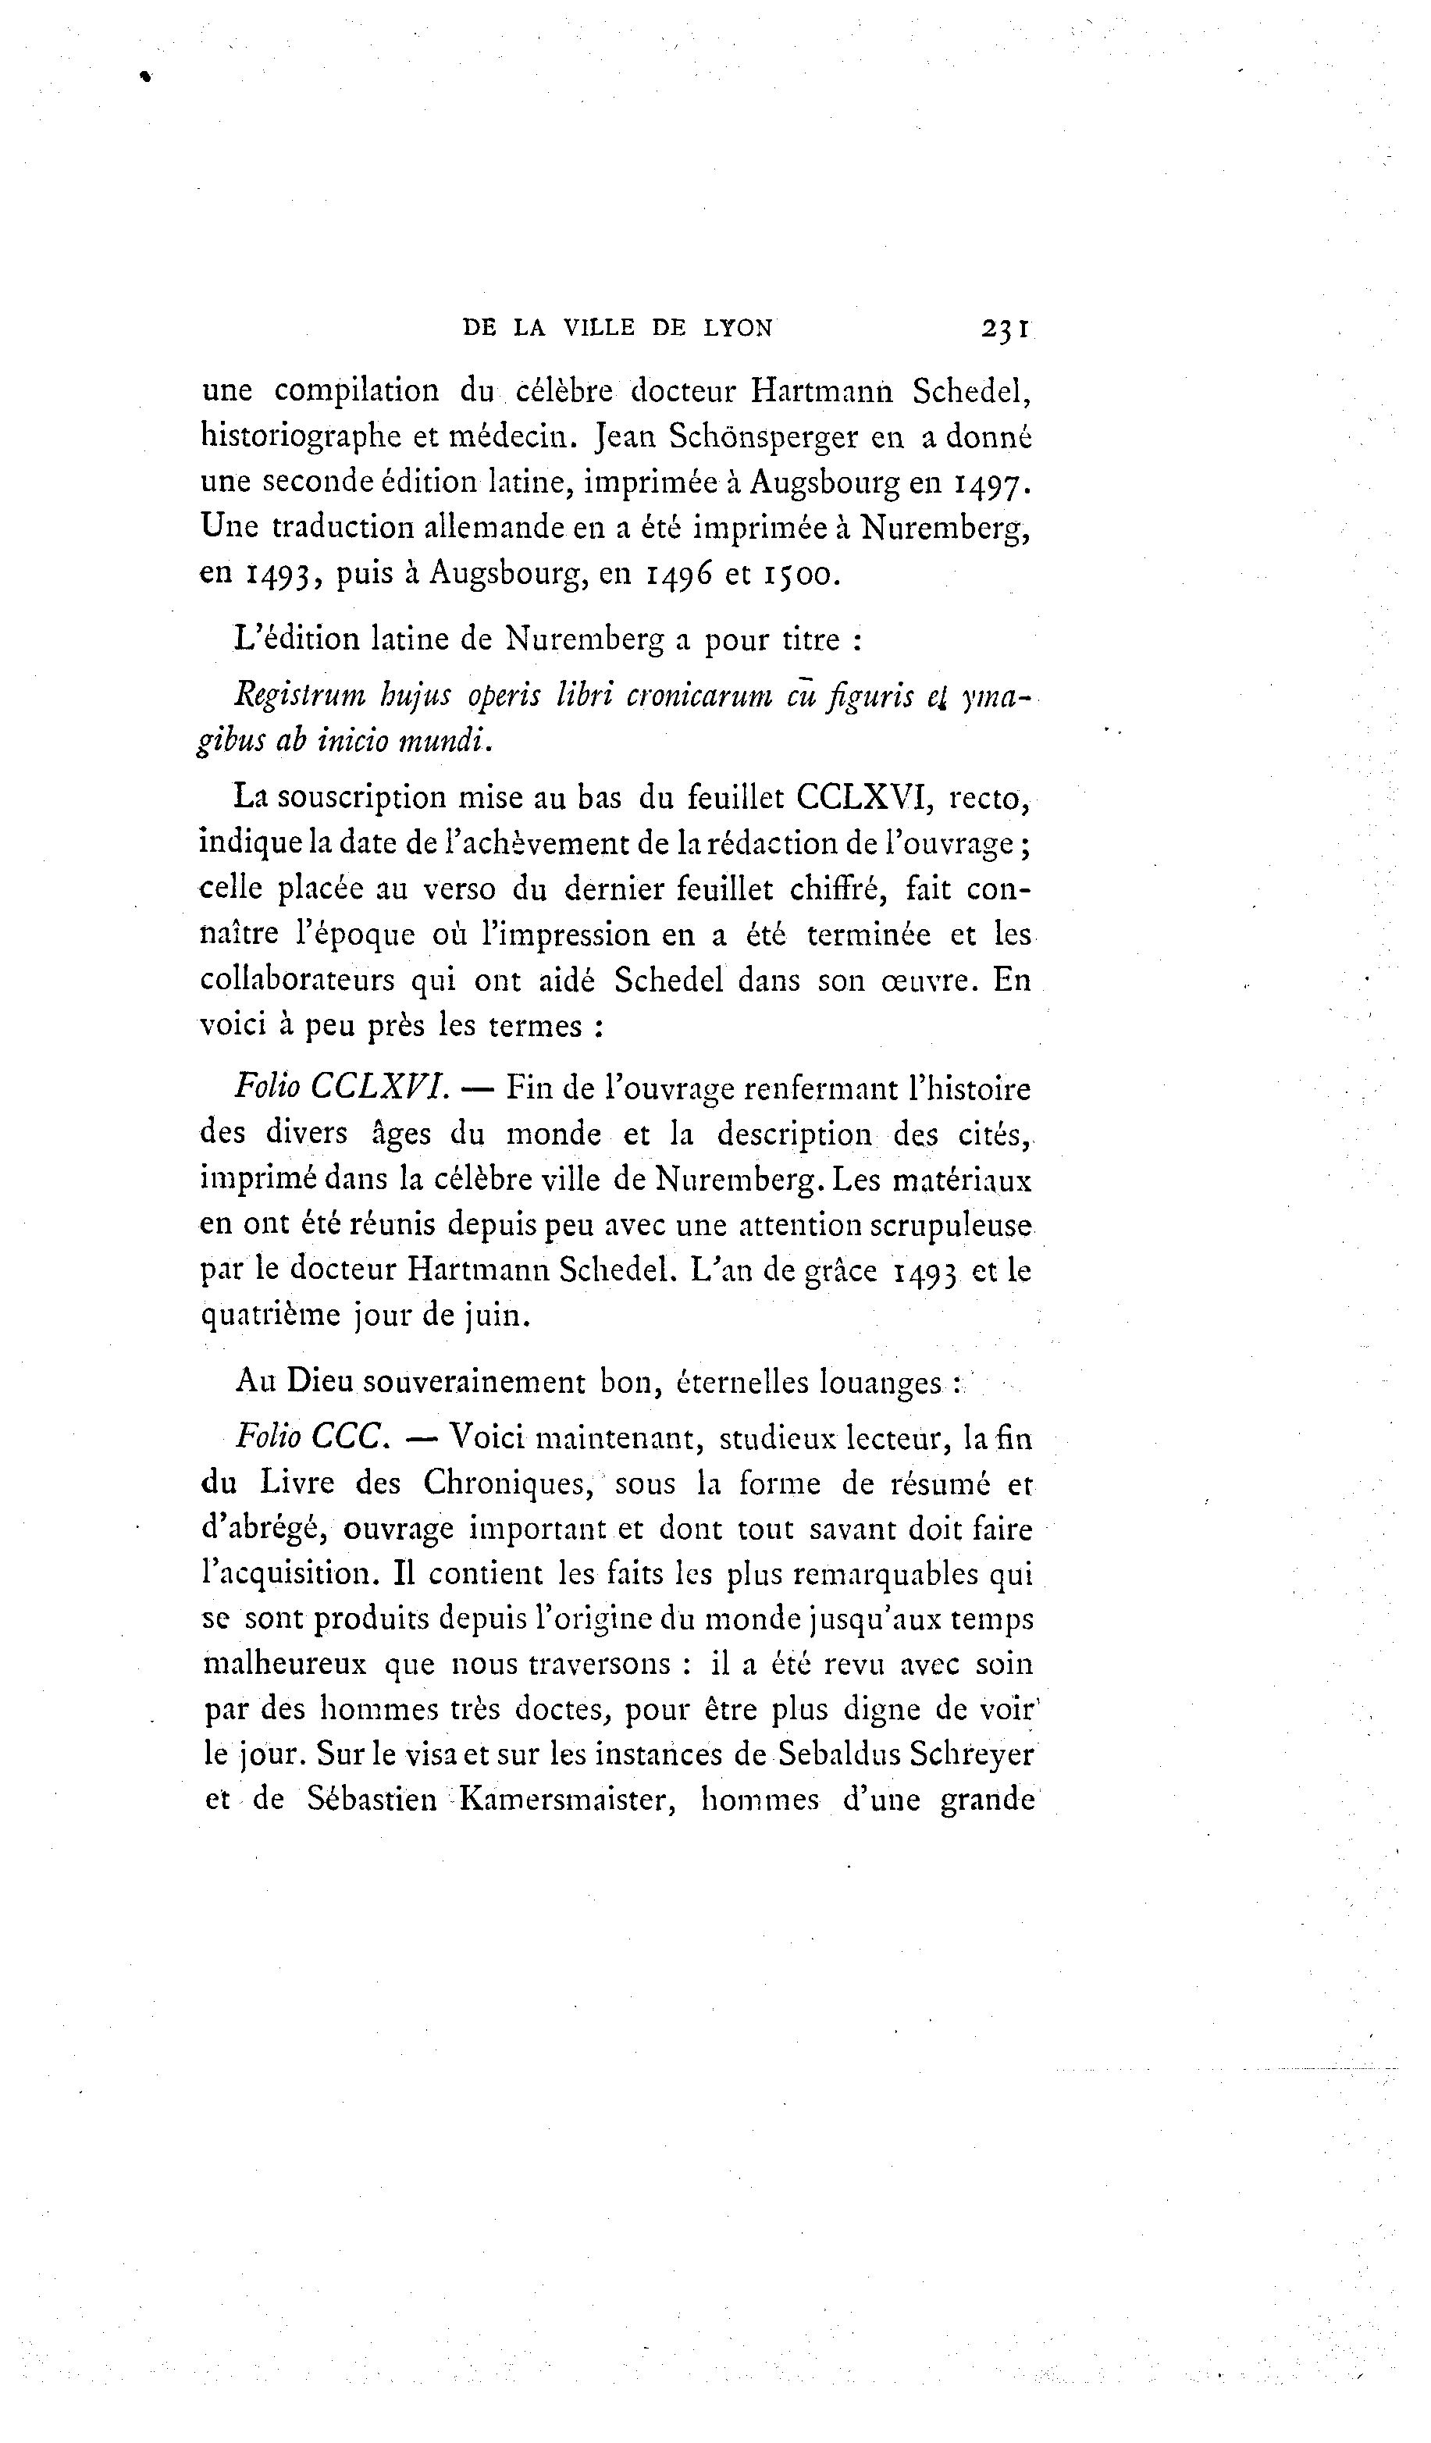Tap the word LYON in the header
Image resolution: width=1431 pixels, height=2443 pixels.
(x=738, y=329)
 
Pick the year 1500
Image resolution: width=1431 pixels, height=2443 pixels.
(x=798, y=574)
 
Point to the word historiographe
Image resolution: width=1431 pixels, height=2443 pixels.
(x=301, y=438)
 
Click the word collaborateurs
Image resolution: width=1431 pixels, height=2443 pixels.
(x=297, y=980)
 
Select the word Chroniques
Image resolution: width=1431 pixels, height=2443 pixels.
(x=504, y=1483)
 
